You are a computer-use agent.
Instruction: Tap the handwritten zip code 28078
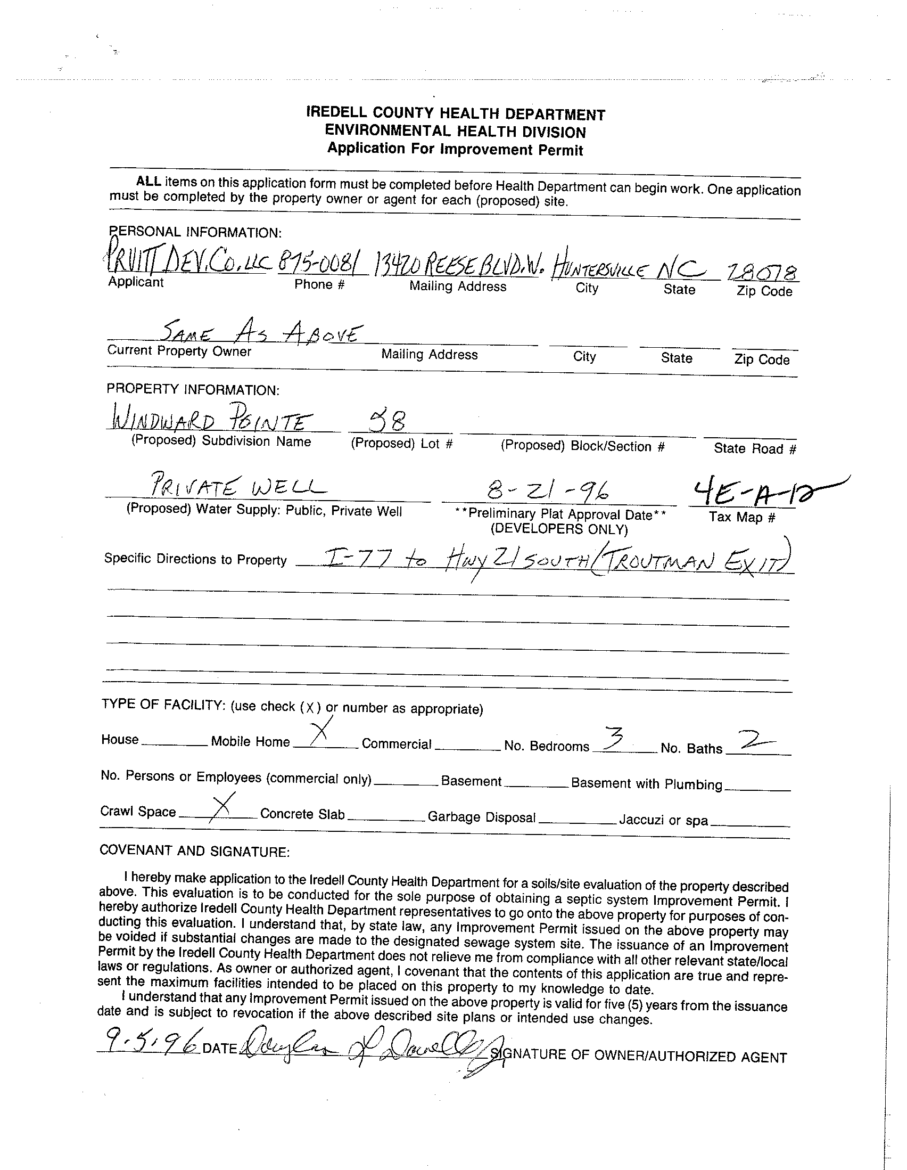pyautogui.click(x=763, y=273)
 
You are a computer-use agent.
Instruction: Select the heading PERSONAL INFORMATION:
pyautogui.click(x=195, y=233)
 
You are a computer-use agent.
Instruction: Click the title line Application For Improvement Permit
pyautogui.click(x=455, y=149)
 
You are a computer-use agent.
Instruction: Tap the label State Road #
pyautogui.click(x=754, y=449)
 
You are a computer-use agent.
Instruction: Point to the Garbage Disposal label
pyautogui.click(x=481, y=817)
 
